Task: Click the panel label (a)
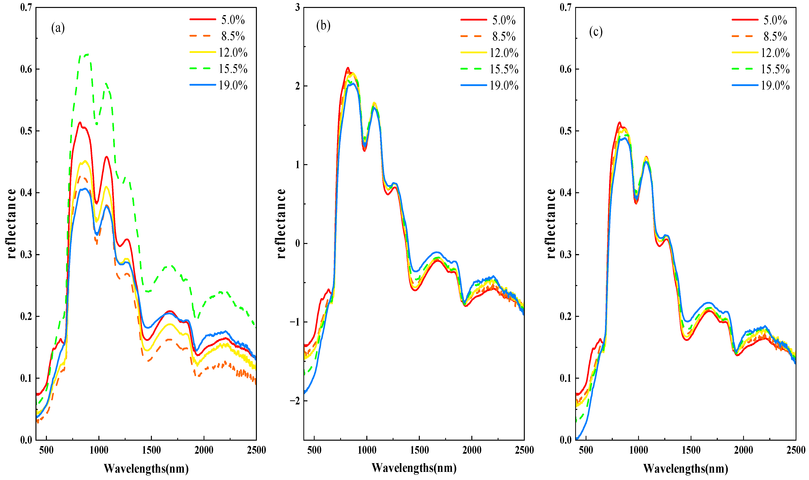click(x=58, y=28)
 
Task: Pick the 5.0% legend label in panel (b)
click(x=503, y=20)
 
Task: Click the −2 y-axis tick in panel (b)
click(x=295, y=400)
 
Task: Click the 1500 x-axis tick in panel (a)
click(x=151, y=450)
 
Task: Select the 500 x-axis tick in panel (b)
click(x=314, y=450)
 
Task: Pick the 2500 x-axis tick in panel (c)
click(x=796, y=450)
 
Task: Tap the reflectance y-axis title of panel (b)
click(x=281, y=223)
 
